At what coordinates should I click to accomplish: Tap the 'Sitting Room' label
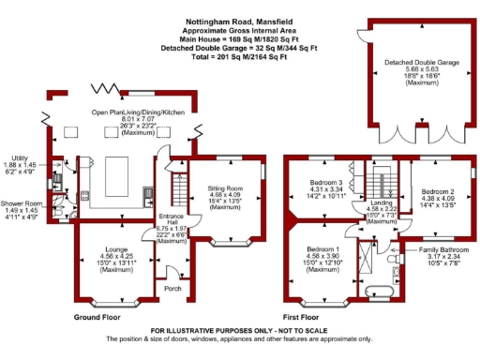pos(225,188)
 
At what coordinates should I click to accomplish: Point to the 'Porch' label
pos(172,289)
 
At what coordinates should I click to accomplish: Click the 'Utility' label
pos(17,158)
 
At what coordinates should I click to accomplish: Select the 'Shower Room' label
pos(21,203)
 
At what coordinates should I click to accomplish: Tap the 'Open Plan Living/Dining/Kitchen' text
pos(138,112)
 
